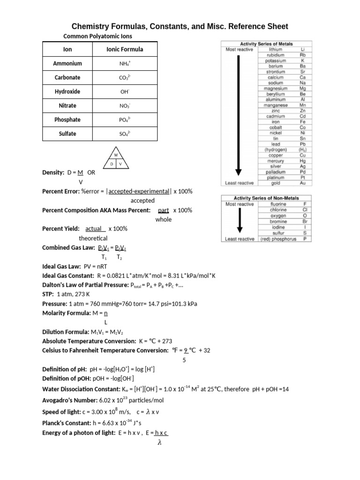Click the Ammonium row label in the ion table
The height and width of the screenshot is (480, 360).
pos(67,63)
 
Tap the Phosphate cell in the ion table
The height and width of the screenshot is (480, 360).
pos(67,120)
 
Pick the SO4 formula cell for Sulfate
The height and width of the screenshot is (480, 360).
pos(125,134)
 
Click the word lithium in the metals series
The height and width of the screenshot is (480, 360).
pos(275,49)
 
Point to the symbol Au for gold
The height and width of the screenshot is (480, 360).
pos(303,183)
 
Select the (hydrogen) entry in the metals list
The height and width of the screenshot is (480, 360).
pos(275,150)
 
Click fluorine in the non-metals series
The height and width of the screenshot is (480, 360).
pos(278,204)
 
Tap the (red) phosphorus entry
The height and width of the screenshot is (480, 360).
pos(278,239)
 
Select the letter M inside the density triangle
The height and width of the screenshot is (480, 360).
pos(116,154)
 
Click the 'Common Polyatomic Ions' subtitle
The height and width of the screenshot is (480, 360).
pos(91,36)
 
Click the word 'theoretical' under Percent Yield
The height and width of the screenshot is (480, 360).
pos(93,238)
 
